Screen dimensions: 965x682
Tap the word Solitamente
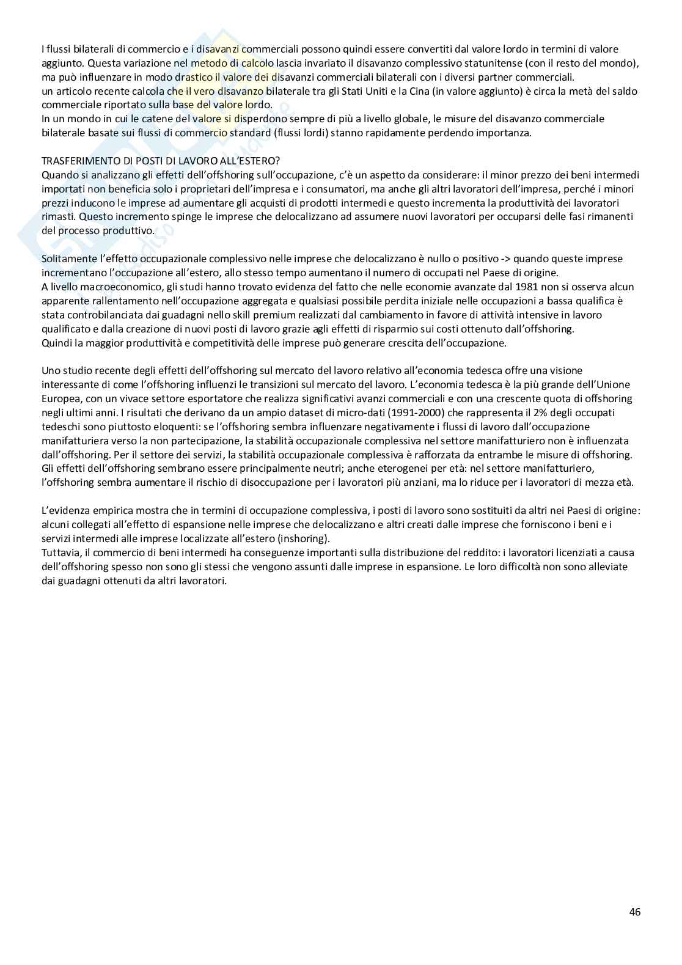pos(68,259)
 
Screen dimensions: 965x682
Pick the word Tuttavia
pos(60,552)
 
